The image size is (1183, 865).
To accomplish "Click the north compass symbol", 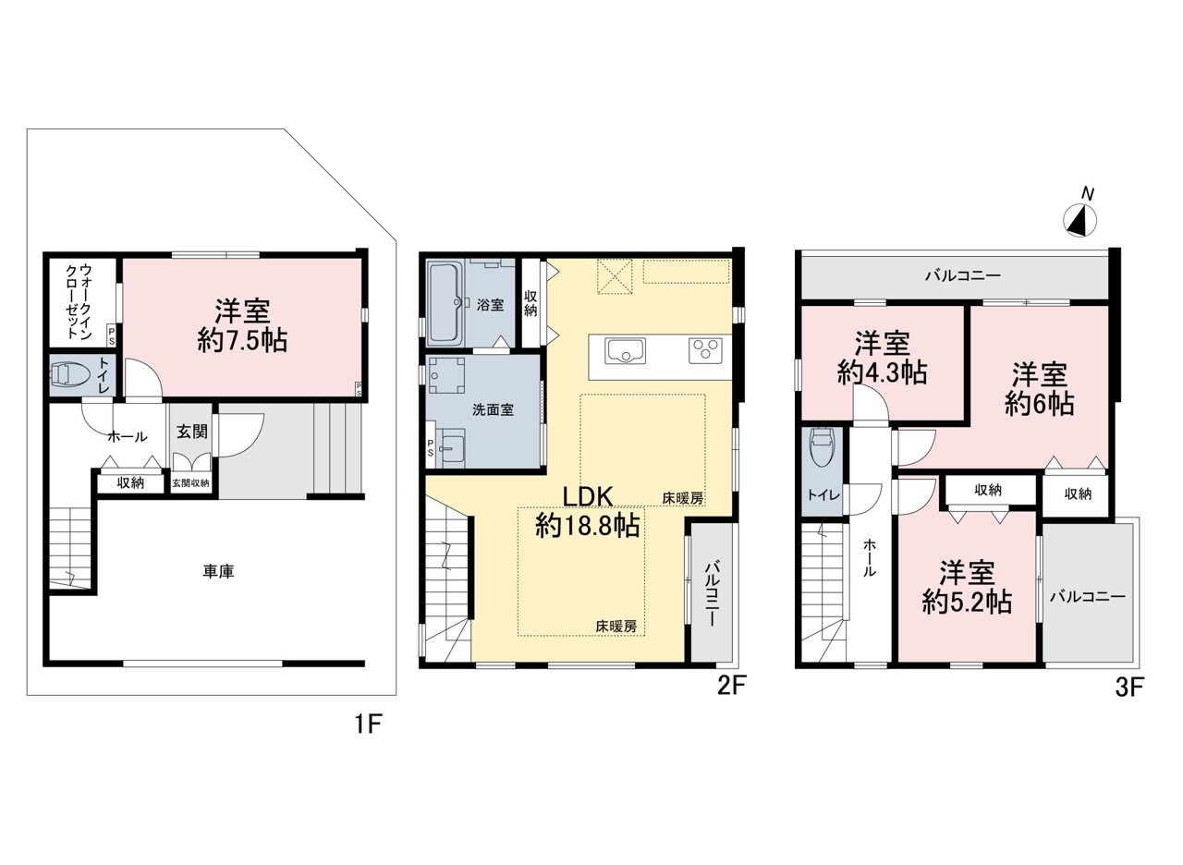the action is pos(1080,221).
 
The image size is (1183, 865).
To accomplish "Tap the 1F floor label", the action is pos(367,724).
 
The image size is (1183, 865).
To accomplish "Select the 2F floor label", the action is pos(731,686).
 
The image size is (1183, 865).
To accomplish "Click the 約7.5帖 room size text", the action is pos(242,341).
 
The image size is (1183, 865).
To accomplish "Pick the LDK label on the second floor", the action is pos(587,497).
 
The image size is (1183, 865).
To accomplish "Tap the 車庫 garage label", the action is pos(218,571).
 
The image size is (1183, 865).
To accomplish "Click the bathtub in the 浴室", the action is pos(444,303).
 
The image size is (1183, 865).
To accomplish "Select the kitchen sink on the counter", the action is pos(626,350).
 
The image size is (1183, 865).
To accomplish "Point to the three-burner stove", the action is pos(705,350).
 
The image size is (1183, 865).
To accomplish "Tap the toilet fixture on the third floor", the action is pos(822,447).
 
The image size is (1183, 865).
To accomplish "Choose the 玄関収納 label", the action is pos(190,483).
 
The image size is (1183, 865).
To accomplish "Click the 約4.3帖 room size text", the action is pos(882,373).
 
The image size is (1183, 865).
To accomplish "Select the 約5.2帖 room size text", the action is pos(967,602).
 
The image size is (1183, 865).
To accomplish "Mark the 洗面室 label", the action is pos(494,409).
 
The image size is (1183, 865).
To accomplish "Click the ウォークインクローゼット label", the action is pos(79,301).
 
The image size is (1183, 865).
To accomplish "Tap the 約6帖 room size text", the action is pos(1039,405).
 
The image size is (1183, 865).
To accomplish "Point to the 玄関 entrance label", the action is pos(191,432).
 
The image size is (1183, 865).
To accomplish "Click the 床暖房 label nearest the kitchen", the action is pos(682,498).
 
